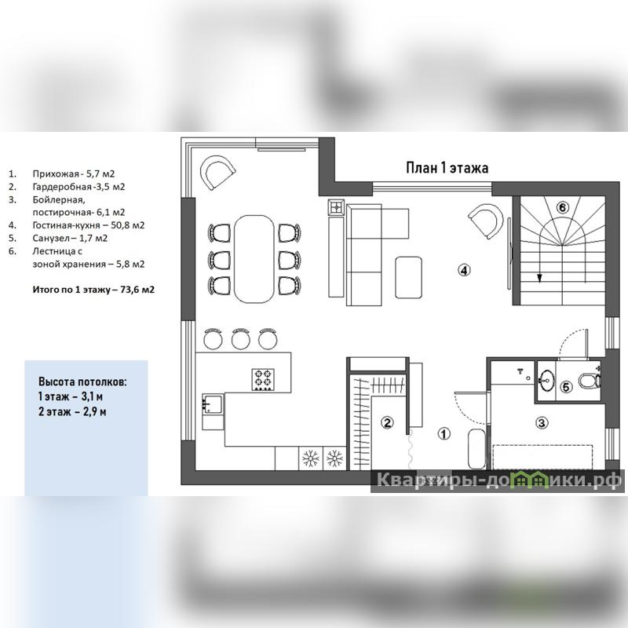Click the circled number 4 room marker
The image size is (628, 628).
tap(464, 270)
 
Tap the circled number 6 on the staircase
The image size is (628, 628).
tap(562, 207)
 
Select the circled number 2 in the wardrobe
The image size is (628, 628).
tap(387, 422)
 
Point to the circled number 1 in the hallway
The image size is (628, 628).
tap(444, 433)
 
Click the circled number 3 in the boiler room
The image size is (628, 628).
tap(542, 422)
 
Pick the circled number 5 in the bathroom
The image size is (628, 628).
tap(566, 387)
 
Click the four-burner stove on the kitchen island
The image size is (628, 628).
tap(263, 379)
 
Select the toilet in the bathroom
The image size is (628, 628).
tap(590, 381)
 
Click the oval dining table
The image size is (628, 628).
tap(254, 258)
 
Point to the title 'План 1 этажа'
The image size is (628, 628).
tap(447, 167)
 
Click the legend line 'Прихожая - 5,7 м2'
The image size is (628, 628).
tap(74, 173)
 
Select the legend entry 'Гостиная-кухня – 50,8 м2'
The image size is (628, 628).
tap(89, 225)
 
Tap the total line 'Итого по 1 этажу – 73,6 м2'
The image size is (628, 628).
tap(93, 289)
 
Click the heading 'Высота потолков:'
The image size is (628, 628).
tap(82, 382)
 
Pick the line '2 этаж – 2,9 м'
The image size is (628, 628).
tap(72, 411)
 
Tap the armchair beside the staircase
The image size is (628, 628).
tap(486, 221)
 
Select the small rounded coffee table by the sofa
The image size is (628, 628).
tap(408, 278)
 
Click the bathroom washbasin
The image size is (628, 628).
tap(546, 380)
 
